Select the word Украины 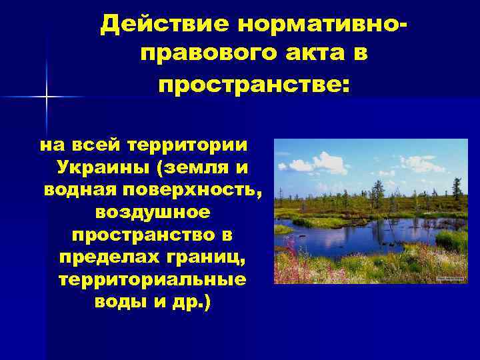pos(99,167)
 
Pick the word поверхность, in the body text pos(191,189)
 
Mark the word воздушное pos(153,212)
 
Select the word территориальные pos(153,279)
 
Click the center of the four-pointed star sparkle pos(47,97)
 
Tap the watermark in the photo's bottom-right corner pos(451,278)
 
